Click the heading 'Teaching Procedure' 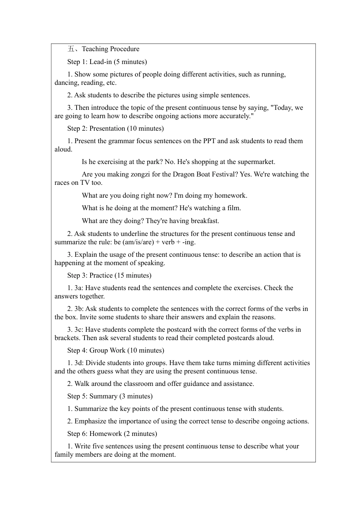pyautogui.click(x=110, y=49)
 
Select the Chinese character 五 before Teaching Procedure pyautogui.click(x=71, y=49)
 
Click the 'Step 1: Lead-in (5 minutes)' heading pyautogui.click(x=107, y=62)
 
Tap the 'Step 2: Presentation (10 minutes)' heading pyautogui.click(x=115, y=128)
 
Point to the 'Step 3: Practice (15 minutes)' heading pyautogui.click(x=109, y=275)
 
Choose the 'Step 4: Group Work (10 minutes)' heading pyautogui.click(x=116, y=350)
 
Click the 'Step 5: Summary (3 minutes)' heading pyautogui.click(x=110, y=396)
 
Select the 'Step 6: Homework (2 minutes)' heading pyautogui.click(x=112, y=434)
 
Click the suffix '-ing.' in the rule pyautogui.click(x=189, y=242)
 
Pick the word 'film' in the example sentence pyautogui.click(x=233, y=208)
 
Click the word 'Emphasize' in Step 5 pyautogui.click(x=90, y=421)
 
